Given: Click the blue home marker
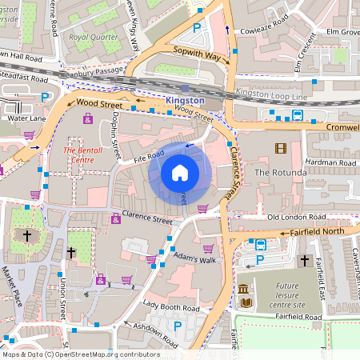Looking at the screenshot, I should tap(180, 172).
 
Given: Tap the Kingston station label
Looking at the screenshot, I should tap(185, 101).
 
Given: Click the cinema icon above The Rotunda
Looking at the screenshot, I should tap(280, 148).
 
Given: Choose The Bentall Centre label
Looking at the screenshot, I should tap(83, 154).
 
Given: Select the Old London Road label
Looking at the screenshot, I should tap(298, 217).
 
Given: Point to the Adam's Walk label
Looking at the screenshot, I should tap(195, 260).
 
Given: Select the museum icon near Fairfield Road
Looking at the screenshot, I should tap(243, 289).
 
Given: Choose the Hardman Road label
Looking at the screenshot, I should tap(330, 162).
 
